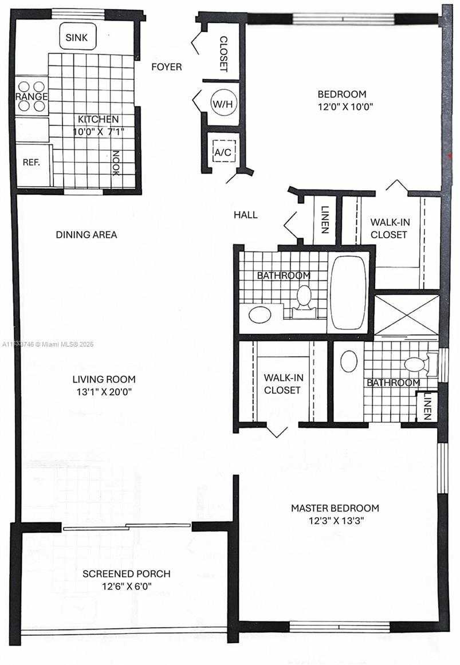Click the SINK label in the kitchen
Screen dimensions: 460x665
[x=76, y=37]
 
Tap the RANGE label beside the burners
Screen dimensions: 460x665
[x=32, y=96]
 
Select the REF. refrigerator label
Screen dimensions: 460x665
[x=32, y=162]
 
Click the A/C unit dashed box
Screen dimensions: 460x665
[x=223, y=152]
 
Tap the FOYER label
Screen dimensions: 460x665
[x=166, y=66]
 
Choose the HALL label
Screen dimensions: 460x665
[x=246, y=215]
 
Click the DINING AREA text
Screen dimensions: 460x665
[x=87, y=234]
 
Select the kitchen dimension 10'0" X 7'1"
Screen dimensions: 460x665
[x=99, y=132]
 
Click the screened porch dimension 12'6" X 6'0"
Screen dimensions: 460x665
[x=127, y=587]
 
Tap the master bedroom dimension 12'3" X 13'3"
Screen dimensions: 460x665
[x=335, y=521]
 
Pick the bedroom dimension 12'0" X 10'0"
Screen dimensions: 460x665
[x=345, y=107]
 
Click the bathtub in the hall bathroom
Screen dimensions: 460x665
[x=348, y=293]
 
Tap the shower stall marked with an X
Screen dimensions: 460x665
[x=407, y=314]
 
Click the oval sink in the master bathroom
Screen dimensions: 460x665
[x=349, y=361]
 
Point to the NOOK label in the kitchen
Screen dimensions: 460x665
[x=116, y=163]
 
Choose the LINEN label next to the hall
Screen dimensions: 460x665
[x=325, y=219]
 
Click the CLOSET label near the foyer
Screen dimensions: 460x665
[x=223, y=53]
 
